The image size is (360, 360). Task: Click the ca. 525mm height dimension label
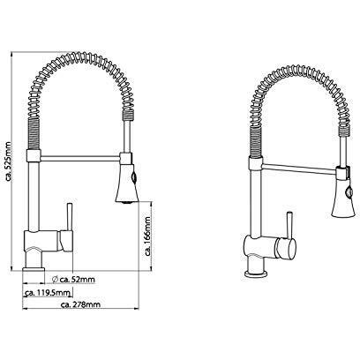point(8,161)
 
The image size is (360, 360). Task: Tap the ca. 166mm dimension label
point(147,236)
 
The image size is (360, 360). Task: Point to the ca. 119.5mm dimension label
point(48,293)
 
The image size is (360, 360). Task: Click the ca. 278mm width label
point(80,304)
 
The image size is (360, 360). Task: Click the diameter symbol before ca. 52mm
point(55,279)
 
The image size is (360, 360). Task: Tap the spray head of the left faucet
point(127,184)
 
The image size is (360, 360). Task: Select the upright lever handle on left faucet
point(70,217)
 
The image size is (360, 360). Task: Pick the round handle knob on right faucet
point(286,249)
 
